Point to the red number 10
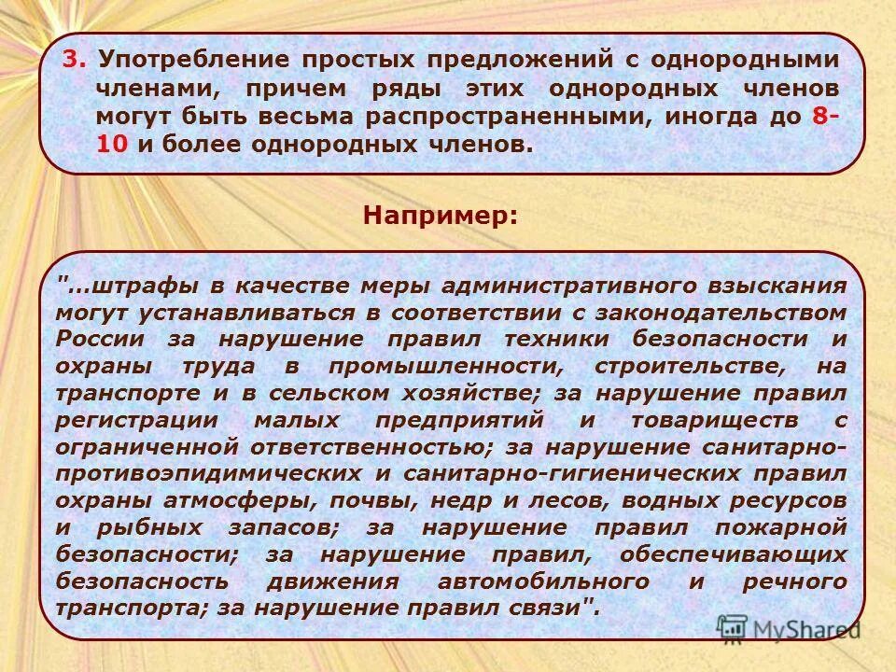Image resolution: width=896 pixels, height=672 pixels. tap(108, 146)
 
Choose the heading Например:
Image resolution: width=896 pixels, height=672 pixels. tap(440, 216)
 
